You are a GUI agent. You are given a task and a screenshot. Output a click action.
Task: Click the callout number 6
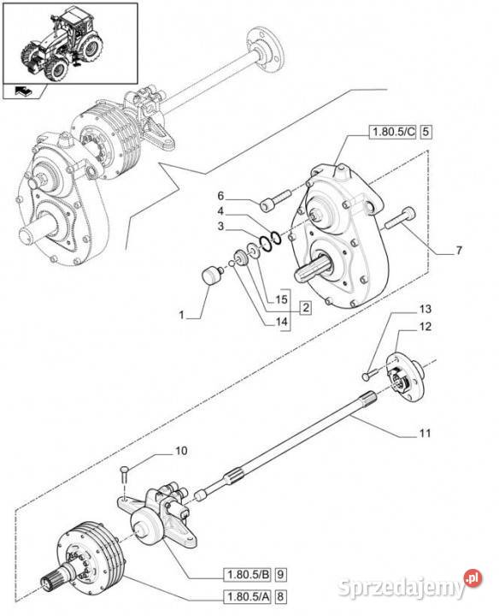220,196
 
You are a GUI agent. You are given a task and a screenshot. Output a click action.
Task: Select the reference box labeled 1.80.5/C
392,132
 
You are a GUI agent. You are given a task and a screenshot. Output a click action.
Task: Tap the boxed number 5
426,132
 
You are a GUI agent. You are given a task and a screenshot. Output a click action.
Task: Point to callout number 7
459,250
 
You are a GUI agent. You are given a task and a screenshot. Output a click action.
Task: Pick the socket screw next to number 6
276,199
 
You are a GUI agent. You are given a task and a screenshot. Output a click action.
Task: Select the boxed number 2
305,308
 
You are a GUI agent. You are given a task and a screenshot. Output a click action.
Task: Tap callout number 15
281,299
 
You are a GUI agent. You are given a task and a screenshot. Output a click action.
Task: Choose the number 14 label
281,322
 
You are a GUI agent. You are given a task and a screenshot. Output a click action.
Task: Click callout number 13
426,309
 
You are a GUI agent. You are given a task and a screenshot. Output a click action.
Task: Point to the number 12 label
426,327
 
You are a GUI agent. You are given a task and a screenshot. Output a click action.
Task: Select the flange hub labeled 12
404,377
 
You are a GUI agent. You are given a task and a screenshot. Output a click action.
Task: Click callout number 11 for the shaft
425,433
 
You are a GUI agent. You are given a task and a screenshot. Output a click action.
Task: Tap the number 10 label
181,451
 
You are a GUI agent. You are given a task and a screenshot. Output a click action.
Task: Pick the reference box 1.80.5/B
247,575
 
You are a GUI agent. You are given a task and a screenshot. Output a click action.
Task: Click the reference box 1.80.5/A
247,597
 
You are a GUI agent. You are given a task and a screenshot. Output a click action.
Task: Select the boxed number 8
280,597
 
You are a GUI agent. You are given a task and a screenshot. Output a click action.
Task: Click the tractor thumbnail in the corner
70,44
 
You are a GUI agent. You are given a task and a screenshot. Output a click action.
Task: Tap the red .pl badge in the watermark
473,578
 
